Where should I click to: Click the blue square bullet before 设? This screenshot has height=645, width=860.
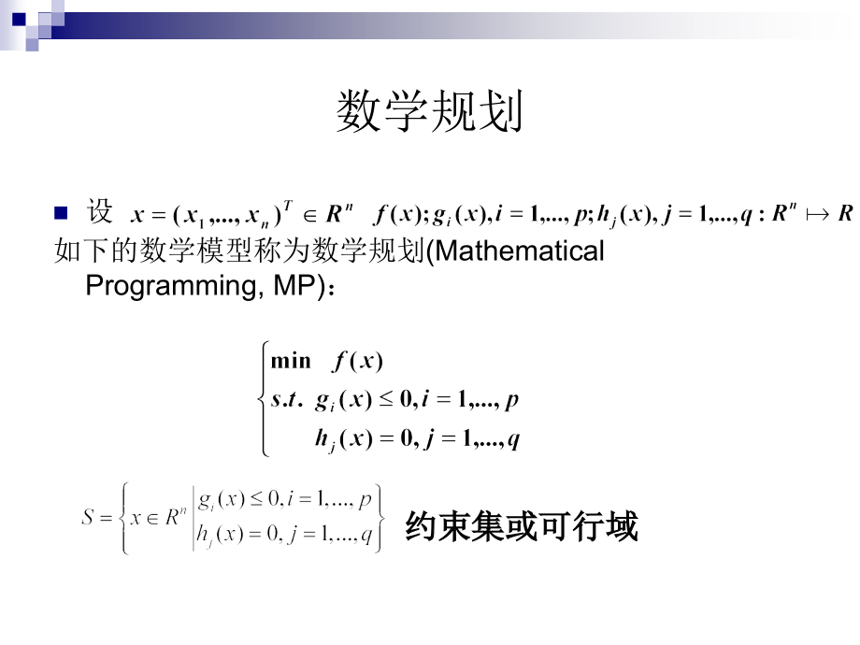click(x=62, y=212)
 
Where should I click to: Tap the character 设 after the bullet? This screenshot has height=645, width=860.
click(x=100, y=212)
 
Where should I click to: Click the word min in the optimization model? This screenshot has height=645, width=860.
click(x=291, y=362)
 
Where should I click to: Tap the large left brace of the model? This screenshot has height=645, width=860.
click(x=262, y=400)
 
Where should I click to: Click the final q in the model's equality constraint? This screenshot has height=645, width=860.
click(x=513, y=439)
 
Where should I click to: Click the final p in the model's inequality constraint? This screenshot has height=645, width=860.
click(x=511, y=402)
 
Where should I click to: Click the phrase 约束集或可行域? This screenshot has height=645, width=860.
click(x=522, y=527)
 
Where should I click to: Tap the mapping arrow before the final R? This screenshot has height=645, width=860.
click(x=816, y=214)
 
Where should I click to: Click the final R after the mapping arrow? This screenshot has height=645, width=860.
click(x=845, y=213)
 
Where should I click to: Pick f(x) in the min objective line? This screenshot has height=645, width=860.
click(x=358, y=362)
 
